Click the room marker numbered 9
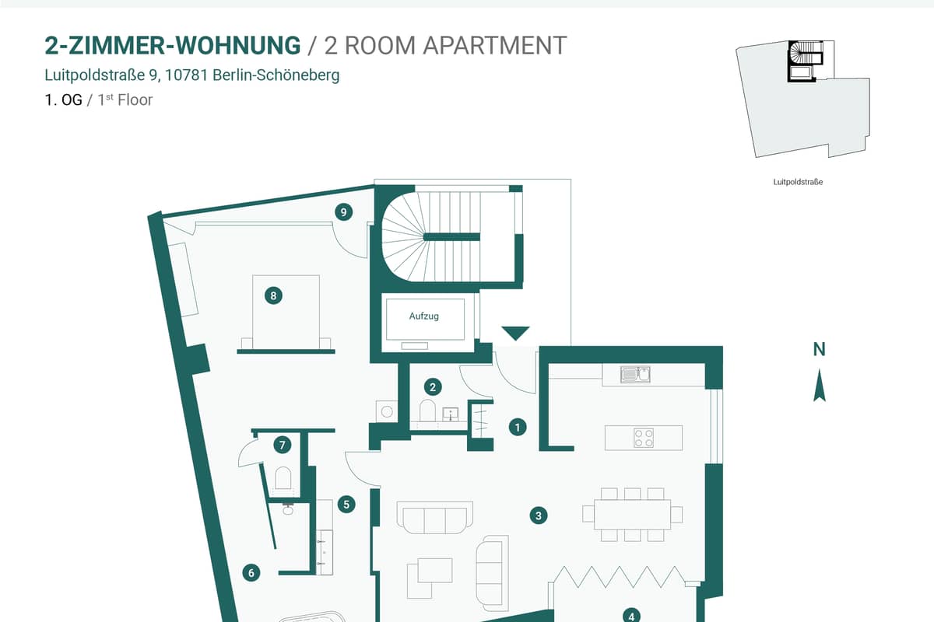(343, 212)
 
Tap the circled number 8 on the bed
(273, 295)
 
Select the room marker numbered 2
(433, 387)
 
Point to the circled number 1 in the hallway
(518, 427)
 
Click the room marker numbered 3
(539, 515)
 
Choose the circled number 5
(346, 505)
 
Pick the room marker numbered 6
(251, 573)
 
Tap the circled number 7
(283, 445)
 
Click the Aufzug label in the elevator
(424, 316)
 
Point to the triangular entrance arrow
(516, 333)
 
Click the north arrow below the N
(820, 385)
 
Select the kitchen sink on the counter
(635, 375)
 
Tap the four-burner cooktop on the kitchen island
(644, 438)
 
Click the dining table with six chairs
(633, 515)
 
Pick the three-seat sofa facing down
(435, 518)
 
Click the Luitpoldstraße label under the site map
(798, 182)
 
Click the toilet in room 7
(283, 478)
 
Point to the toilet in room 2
(427, 411)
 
